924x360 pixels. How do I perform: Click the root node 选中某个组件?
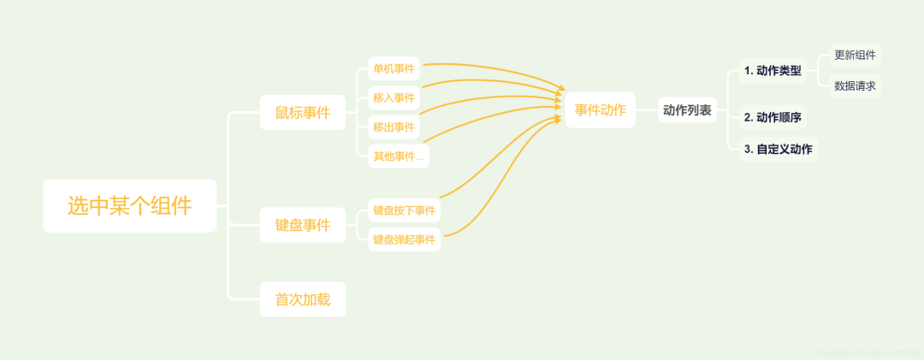(130, 206)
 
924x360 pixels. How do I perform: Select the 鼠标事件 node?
(303, 113)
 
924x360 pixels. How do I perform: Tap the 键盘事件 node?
(303, 225)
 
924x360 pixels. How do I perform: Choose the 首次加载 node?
(303, 299)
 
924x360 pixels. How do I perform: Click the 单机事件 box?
(394, 68)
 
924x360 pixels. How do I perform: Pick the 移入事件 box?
(394, 97)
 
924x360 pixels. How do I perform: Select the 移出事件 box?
(394, 127)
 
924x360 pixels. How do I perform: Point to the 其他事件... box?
(398, 156)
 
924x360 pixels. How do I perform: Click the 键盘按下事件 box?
(404, 210)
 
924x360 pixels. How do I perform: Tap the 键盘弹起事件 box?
(404, 239)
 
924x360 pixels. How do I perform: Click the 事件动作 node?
(601, 109)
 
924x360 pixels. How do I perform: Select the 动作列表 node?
(687, 109)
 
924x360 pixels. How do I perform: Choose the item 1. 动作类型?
(773, 70)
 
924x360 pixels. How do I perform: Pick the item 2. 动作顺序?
(773, 117)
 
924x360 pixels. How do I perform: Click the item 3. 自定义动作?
(778, 149)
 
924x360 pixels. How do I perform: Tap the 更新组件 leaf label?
(855, 55)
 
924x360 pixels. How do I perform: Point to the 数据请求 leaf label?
(855, 86)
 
